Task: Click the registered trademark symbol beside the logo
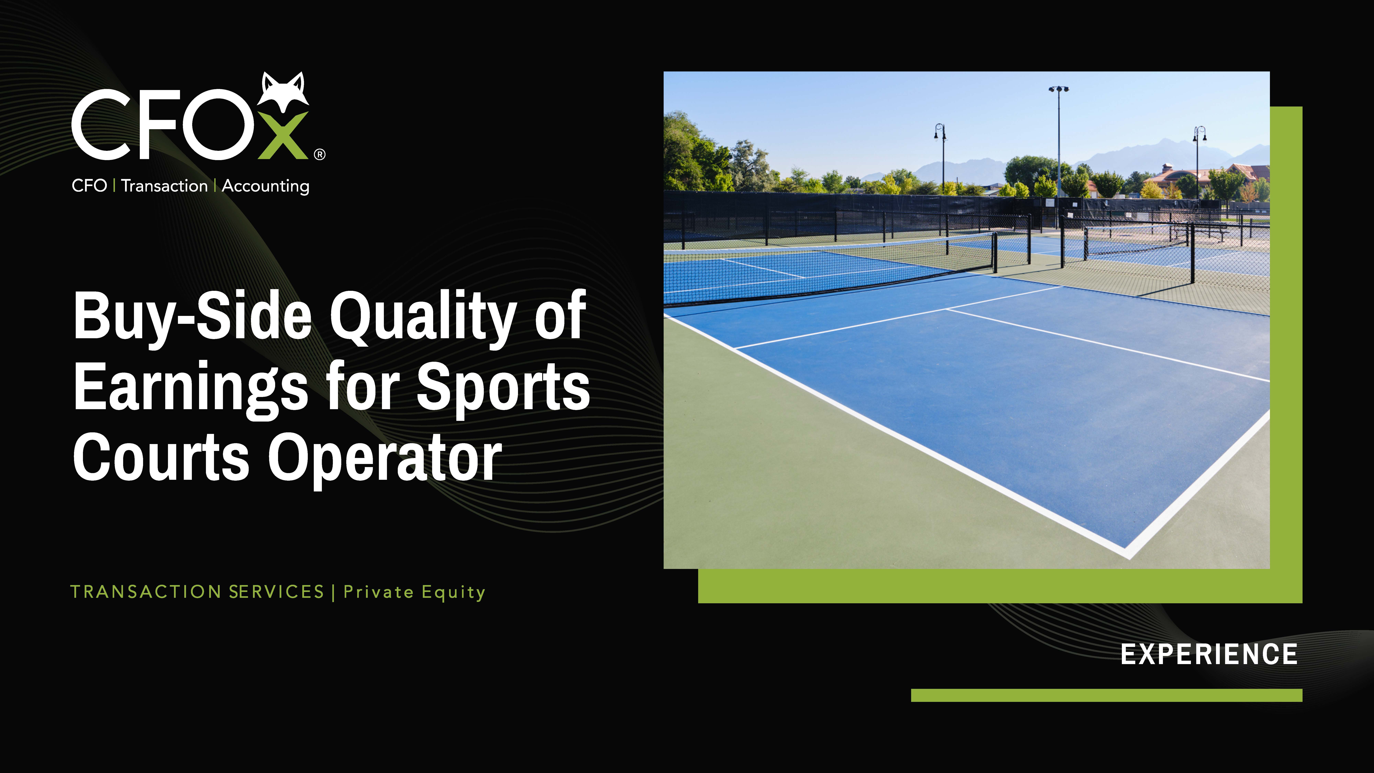pyautogui.click(x=319, y=155)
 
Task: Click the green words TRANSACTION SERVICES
pyautogui.click(x=197, y=592)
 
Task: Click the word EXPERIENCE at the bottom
pyautogui.click(x=1209, y=655)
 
